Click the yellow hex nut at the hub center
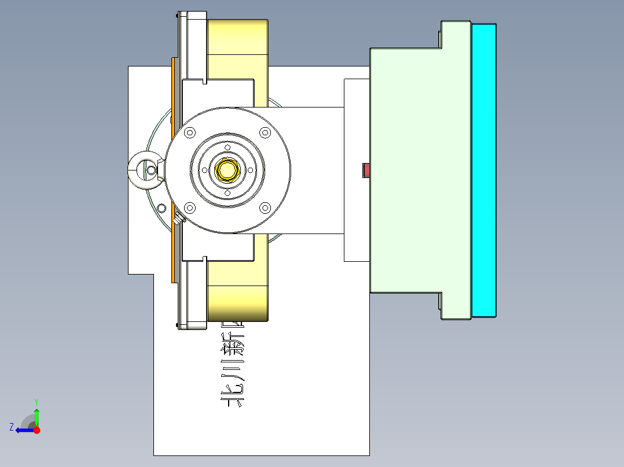pyautogui.click(x=227, y=170)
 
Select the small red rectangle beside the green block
pyautogui.click(x=366, y=170)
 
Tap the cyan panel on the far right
pyautogui.click(x=484, y=171)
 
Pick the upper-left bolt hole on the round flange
pyautogui.click(x=189, y=133)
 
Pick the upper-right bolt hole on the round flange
pyautogui.click(x=265, y=133)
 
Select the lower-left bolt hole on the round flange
pyautogui.click(x=189, y=207)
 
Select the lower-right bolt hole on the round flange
pyautogui.click(x=265, y=207)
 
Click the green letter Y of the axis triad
pyautogui.click(x=36, y=401)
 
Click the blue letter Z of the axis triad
pyautogui.click(x=12, y=427)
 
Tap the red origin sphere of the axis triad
pyautogui.click(x=36, y=430)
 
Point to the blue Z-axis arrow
pyautogui.click(x=23, y=430)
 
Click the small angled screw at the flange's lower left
pyautogui.click(x=179, y=218)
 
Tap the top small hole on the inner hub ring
pyautogui.click(x=227, y=146)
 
